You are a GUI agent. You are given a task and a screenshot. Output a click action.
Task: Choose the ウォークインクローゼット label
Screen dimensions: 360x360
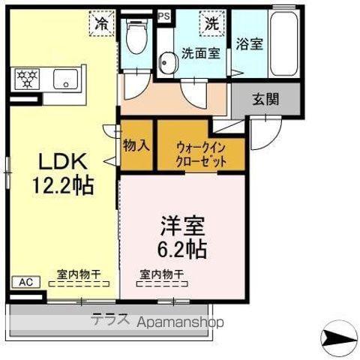(x=201, y=153)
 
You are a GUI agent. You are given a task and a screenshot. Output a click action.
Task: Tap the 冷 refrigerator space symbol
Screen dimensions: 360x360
(x=100, y=23)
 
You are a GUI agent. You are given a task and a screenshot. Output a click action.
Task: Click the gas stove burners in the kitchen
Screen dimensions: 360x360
(x=28, y=76)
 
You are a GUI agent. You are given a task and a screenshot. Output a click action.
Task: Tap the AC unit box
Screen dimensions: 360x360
(x=25, y=283)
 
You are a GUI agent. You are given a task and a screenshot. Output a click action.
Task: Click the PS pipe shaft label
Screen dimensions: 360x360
(x=163, y=14)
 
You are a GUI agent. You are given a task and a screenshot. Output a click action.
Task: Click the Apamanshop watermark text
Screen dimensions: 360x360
(x=180, y=322)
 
